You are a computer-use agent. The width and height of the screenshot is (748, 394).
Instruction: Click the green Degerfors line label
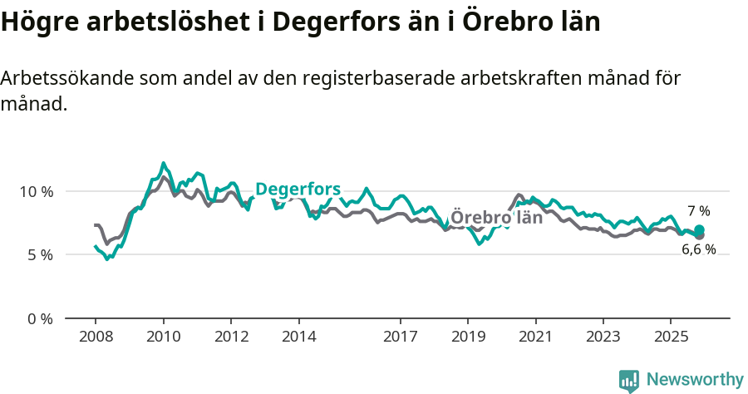pos(298,190)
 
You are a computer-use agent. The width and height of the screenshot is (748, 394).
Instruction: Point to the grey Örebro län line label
pos(496,218)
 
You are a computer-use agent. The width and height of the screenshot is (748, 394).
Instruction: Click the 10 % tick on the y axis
pos(36,191)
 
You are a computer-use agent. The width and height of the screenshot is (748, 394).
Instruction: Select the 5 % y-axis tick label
pos(40,255)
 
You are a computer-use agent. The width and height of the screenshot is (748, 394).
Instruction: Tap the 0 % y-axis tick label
pos(40,318)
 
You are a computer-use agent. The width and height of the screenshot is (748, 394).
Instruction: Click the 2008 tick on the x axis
pos(95,337)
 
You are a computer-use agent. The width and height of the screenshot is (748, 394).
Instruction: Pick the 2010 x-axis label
pos(163,337)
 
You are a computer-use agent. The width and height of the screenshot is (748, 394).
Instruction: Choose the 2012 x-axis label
pos(231,337)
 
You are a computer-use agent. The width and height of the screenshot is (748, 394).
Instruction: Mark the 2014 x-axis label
pos(298,337)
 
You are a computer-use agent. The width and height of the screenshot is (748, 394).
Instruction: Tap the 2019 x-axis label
pos(468,337)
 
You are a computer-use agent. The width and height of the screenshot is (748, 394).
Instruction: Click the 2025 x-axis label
pos(671,337)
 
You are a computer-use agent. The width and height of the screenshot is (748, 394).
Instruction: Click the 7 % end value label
pos(698,211)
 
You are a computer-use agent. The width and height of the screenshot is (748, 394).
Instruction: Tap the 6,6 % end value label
pos(698,249)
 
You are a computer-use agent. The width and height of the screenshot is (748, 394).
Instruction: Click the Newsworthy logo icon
pos(629,380)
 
